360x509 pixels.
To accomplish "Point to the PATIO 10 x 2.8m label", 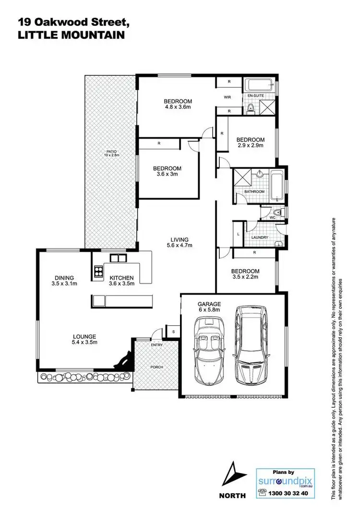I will pyautogui.click(x=111, y=154).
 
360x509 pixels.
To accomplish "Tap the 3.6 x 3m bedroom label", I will pyautogui.click(x=167, y=172).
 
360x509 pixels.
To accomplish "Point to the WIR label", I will pyautogui.click(x=228, y=97).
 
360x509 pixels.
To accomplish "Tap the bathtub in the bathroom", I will pyautogui.click(x=276, y=186).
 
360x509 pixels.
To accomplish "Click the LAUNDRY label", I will pyautogui.click(x=259, y=237).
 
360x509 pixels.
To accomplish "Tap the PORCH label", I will pyautogui.click(x=156, y=367).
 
